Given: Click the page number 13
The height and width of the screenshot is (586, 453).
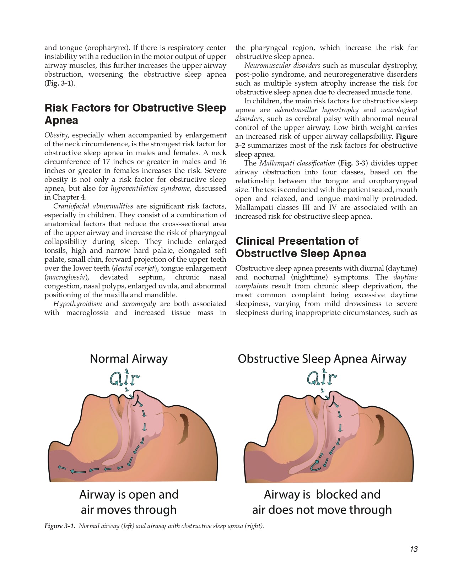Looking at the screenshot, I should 414,549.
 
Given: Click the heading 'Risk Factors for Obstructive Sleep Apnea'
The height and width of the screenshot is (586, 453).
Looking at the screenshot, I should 135,114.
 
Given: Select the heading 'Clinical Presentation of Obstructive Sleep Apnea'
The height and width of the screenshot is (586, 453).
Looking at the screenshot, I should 301,247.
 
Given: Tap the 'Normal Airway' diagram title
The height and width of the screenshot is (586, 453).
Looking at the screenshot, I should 129,359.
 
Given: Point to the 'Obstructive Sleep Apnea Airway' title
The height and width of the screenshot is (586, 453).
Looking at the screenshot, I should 322,359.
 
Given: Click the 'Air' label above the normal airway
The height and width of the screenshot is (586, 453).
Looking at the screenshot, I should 124,379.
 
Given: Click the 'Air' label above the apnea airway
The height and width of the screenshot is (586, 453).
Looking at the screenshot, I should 322,379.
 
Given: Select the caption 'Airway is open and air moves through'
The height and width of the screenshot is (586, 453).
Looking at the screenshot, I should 129,502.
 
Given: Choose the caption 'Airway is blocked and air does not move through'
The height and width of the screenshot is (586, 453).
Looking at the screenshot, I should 322,502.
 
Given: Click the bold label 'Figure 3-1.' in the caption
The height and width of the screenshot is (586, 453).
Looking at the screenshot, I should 60,526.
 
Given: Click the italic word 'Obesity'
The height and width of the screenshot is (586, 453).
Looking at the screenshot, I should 56,135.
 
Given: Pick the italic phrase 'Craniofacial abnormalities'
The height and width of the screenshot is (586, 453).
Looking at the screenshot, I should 93,206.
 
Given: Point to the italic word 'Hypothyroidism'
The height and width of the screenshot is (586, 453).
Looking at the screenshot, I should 77,304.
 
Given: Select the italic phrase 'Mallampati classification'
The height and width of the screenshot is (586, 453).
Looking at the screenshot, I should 297,163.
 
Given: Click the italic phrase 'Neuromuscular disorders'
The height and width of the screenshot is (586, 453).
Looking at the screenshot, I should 282,66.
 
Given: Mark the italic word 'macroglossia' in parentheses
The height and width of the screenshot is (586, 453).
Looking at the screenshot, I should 66,277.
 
